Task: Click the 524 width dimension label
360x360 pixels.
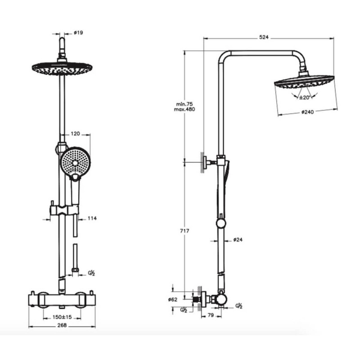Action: point(264,37)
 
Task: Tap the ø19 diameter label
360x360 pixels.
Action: point(78,32)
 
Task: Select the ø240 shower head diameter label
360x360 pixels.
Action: point(307,112)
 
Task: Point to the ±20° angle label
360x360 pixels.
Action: point(305,98)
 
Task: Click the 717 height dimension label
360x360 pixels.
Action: point(184,231)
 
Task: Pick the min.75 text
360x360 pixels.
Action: point(184,104)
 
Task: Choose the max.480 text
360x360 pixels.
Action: point(184,109)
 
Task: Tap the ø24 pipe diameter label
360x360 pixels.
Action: point(238,240)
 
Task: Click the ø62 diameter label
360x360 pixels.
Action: point(173,299)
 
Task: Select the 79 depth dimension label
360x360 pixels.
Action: point(211,315)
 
